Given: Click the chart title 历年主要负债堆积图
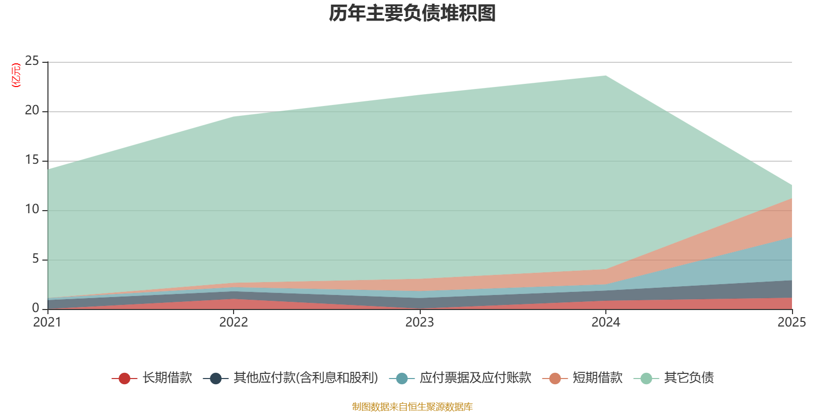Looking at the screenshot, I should (x=412, y=13).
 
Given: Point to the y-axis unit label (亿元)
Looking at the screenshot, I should (x=16, y=75).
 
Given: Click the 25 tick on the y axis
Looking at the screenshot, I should (x=32, y=61).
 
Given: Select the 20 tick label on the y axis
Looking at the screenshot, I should (x=32, y=110).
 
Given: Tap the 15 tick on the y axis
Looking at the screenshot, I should (x=32, y=160).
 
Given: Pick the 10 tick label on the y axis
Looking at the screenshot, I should (x=32, y=209).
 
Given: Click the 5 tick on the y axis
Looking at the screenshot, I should (x=36, y=259).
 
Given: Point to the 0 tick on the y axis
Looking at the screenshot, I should (x=36, y=308).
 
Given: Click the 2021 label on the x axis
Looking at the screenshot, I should (x=47, y=322).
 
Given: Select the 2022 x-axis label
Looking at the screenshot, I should (x=234, y=322).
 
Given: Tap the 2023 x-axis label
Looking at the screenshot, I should (x=420, y=322).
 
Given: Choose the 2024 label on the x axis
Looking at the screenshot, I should (x=606, y=322).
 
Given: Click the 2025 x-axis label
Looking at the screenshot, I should (x=791, y=322).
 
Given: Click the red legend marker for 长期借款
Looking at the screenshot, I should (x=124, y=379).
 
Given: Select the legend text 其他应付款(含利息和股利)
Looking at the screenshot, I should (x=306, y=378).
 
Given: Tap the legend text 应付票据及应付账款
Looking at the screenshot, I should (x=475, y=378).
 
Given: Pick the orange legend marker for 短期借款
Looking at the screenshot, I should (x=555, y=379).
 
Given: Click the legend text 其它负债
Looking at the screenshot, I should (x=689, y=378).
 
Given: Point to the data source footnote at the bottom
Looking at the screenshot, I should (x=412, y=407).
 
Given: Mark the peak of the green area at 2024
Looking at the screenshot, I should (x=606, y=76).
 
